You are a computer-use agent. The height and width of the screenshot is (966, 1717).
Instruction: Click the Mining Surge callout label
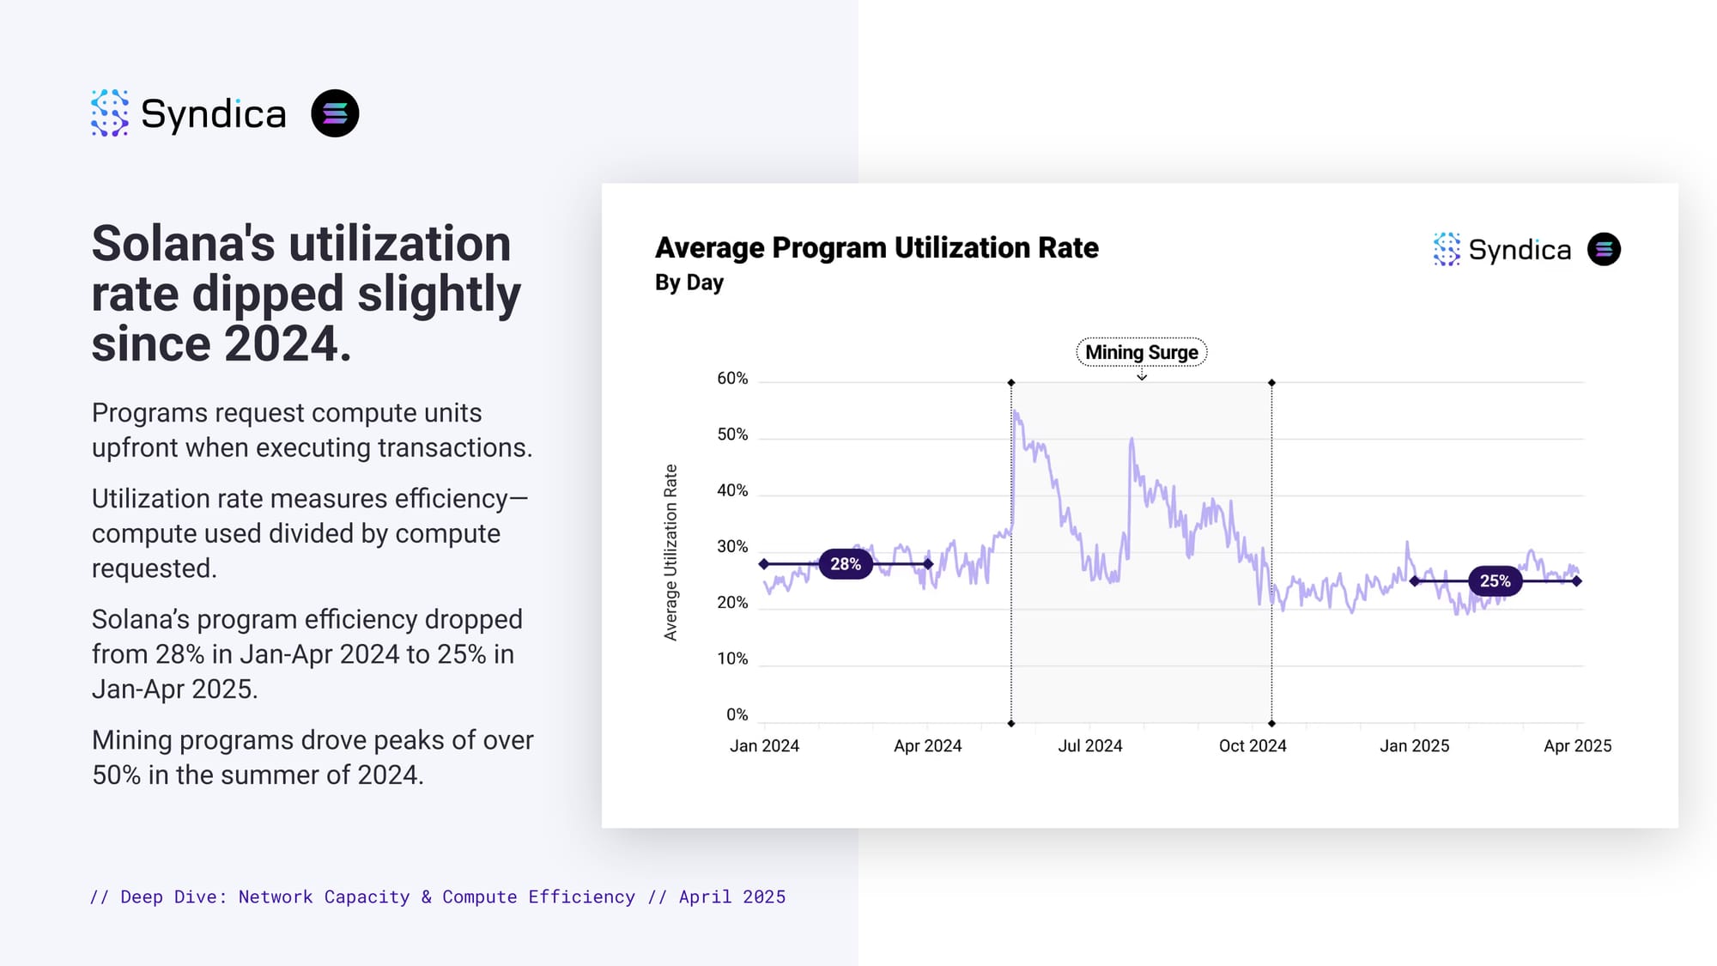click(1141, 352)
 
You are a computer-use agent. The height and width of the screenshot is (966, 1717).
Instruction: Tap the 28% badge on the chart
click(845, 564)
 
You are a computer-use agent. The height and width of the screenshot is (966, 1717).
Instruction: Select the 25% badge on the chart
click(1495, 581)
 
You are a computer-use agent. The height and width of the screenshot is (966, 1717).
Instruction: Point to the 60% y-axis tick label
click(732, 379)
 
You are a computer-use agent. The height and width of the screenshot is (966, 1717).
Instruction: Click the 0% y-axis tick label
click(737, 714)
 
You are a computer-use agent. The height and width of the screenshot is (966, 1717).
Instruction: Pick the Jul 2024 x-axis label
click(1089, 746)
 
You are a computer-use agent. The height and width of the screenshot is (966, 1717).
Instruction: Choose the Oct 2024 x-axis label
click(1253, 746)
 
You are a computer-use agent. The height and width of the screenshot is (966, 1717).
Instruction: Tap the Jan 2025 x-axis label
click(1414, 746)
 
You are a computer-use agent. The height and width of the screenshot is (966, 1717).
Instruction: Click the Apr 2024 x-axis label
click(927, 746)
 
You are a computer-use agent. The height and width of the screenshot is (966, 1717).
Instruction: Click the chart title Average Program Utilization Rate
click(877, 248)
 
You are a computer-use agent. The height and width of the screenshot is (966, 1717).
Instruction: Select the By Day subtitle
click(689, 283)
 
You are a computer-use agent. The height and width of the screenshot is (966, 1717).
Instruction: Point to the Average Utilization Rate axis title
click(670, 552)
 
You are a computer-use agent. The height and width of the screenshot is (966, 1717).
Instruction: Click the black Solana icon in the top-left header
click(335, 113)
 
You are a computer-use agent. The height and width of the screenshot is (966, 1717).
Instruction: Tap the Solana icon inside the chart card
click(1604, 250)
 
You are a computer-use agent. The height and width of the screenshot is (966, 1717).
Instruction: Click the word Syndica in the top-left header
click(213, 114)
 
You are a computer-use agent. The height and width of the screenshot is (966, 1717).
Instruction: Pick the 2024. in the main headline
click(288, 344)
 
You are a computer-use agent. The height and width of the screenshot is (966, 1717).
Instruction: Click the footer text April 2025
click(731, 897)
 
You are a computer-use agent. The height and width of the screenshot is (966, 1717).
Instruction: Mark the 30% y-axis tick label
click(732, 547)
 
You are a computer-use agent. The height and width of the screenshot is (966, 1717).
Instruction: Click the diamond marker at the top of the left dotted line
click(1011, 383)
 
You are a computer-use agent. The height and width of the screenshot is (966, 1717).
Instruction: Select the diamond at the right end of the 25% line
click(1577, 581)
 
